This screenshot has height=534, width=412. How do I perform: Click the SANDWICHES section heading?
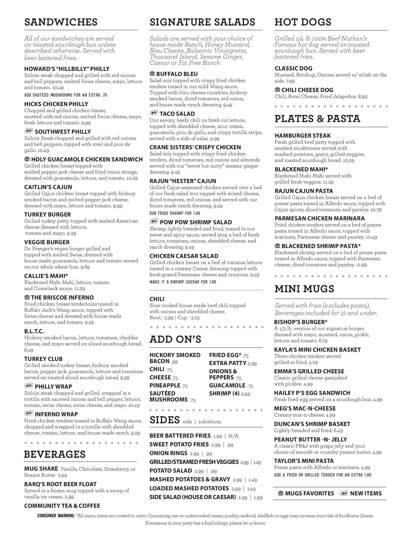pyautogui.click(x=61, y=22)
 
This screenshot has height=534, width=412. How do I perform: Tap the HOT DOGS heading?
pyautogui.click(x=303, y=22)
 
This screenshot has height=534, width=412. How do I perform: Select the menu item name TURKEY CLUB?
pyautogui.click(x=43, y=359)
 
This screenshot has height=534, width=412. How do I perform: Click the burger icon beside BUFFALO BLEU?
pyautogui.click(x=152, y=74)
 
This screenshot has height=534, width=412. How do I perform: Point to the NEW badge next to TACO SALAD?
pyautogui.click(x=154, y=113)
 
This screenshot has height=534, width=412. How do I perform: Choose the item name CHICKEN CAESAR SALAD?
pyautogui.click(x=184, y=256)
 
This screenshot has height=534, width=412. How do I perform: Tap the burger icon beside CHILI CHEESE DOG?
pyautogui.click(x=278, y=90)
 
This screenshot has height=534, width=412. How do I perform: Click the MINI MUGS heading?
pyautogui.click(x=304, y=289)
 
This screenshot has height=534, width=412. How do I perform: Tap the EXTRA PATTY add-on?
pyautogui.click(x=228, y=363)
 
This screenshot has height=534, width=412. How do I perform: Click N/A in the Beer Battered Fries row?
pyautogui.click(x=233, y=436)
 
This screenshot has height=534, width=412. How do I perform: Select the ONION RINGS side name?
pyautogui.click(x=168, y=453)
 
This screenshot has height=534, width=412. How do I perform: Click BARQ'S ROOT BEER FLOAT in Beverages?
pyautogui.click(x=60, y=484)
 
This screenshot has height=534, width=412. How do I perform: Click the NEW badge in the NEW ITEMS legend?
pyautogui.click(x=344, y=493)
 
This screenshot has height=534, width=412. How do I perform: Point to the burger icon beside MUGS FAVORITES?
pyautogui.click(x=281, y=493)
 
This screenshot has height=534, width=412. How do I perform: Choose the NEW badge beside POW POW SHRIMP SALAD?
pyautogui.click(x=154, y=222)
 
